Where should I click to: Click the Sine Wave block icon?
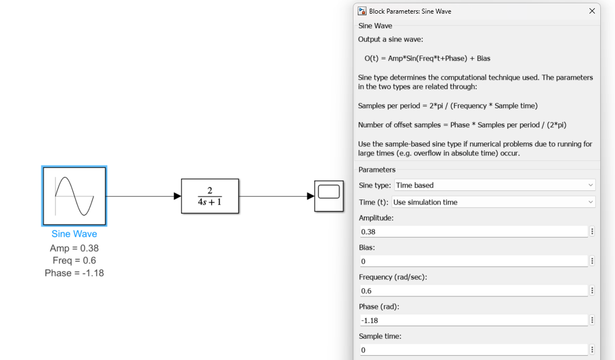tap(74, 196)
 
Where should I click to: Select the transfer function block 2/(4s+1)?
tap(210, 196)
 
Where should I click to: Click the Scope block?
tap(329, 196)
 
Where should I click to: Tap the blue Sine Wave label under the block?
tap(74, 234)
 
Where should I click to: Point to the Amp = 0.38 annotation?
tap(74, 249)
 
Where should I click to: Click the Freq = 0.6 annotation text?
tap(74, 260)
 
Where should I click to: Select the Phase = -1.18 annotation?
tap(74, 273)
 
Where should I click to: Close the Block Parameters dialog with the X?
tap(592, 11)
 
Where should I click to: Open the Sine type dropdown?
tap(494, 185)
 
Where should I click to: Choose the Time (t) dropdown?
tap(493, 202)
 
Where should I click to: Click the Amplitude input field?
tap(473, 232)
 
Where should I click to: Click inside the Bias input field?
tap(473, 262)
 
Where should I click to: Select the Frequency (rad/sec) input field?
tap(473, 291)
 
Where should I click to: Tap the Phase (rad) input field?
tap(473, 320)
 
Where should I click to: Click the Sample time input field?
tap(473, 350)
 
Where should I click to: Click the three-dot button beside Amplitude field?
tap(592, 232)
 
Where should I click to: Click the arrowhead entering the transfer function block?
tap(177, 196)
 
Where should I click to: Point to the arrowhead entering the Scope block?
tap(310, 196)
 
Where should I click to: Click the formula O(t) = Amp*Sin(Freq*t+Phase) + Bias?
tap(427, 58)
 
